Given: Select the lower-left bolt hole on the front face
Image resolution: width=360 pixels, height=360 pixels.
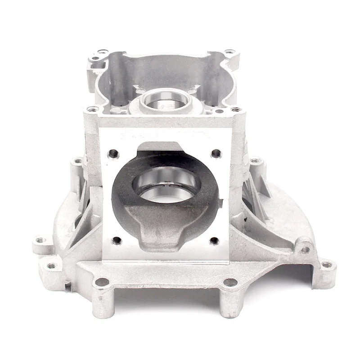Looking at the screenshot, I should [116, 241].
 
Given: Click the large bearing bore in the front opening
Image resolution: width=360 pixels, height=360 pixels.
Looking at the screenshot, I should [166, 184].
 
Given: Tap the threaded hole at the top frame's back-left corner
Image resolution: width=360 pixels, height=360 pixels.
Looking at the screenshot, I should [96, 57].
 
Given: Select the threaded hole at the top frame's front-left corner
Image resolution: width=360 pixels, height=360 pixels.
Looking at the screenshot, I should [93, 109].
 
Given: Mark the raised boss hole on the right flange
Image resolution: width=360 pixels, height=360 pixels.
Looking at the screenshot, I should [306, 249].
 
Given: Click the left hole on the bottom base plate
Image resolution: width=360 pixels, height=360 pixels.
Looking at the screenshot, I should [102, 282].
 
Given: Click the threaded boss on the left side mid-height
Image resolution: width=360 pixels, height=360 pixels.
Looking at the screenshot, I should [78, 161].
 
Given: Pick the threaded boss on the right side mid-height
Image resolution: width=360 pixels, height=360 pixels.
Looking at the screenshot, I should [255, 161].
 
